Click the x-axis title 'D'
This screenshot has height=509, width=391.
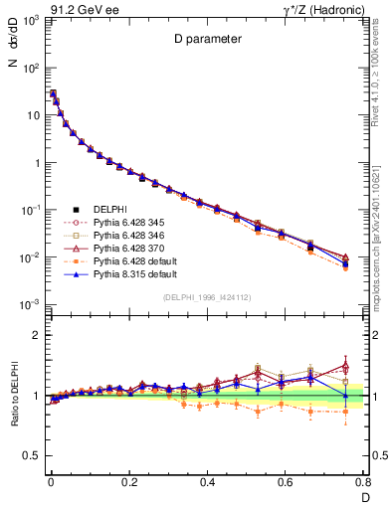pyautogui.click(x=363, y=497)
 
